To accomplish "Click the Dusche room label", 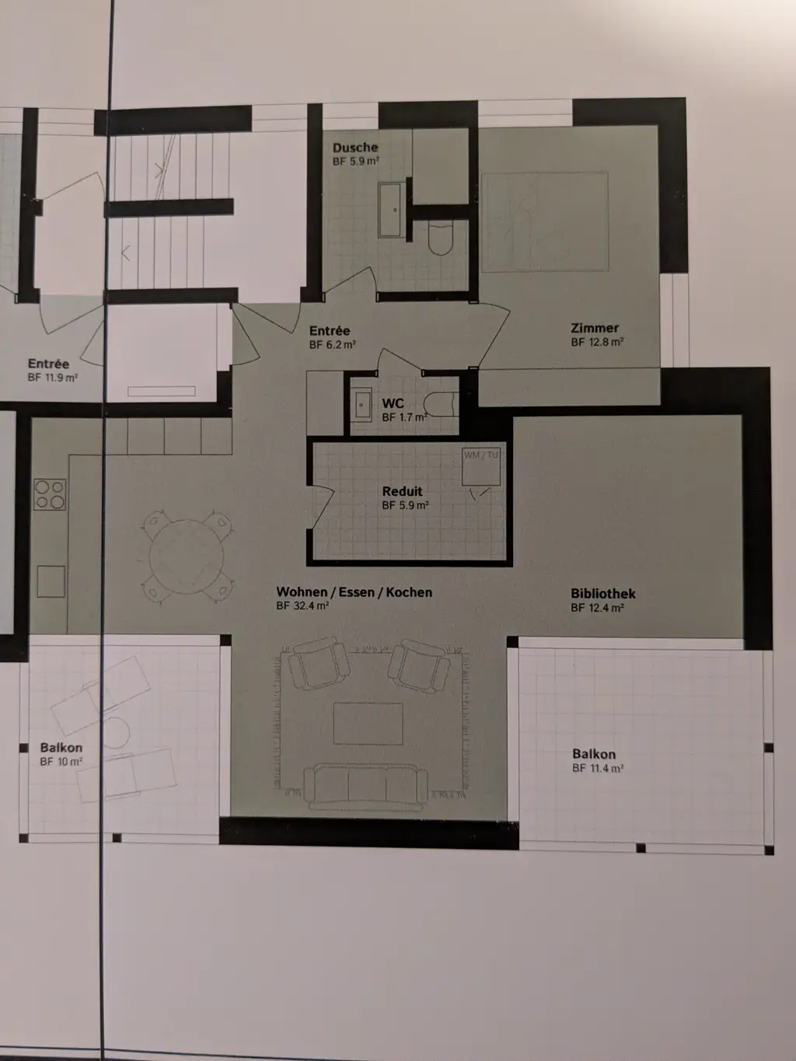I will click(x=355, y=148).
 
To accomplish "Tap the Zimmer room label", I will click(x=595, y=328).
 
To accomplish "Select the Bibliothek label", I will click(x=603, y=594).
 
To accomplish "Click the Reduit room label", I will click(x=403, y=491).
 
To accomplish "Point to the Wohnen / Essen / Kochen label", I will click(x=354, y=592).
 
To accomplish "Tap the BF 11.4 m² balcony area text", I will click(x=598, y=768).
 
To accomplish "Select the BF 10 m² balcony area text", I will click(x=61, y=762).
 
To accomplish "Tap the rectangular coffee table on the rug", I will click(x=368, y=723).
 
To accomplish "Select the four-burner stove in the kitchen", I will click(x=51, y=495).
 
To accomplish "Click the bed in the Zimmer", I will click(x=544, y=222).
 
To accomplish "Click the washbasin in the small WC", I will click(x=362, y=405).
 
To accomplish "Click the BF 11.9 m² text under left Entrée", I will click(x=53, y=378).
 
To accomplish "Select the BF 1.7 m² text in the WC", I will click(x=404, y=417).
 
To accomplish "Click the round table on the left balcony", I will click(x=116, y=733).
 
